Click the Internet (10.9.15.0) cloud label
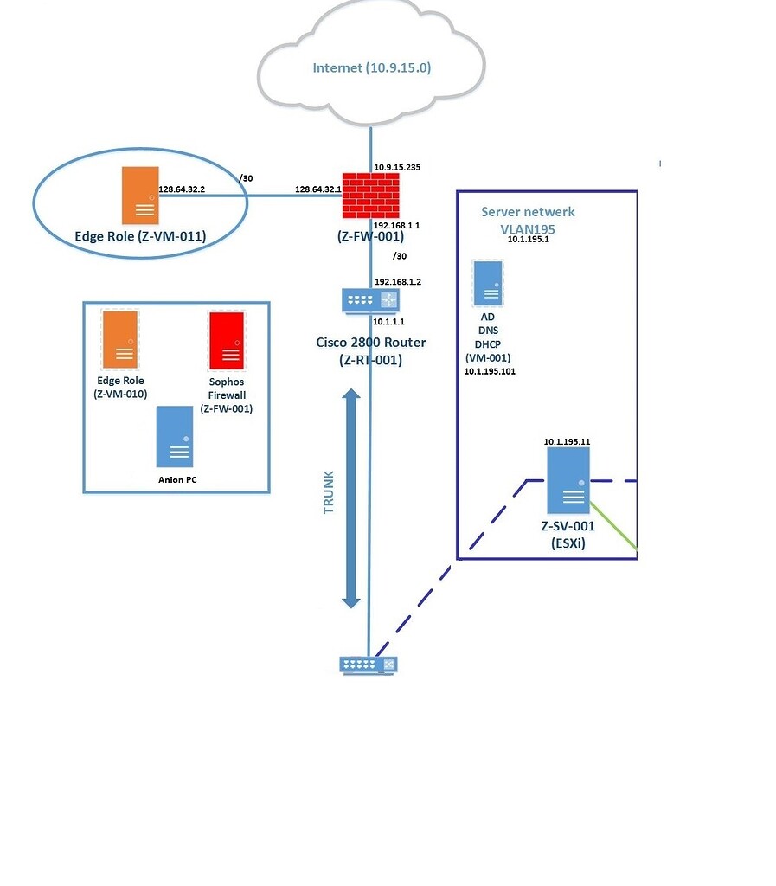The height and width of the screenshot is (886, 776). pos(371,68)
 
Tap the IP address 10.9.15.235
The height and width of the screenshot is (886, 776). pos(397,167)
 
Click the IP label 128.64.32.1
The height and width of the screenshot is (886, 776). pos(316,189)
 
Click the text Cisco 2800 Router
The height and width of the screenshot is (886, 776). pos(370,343)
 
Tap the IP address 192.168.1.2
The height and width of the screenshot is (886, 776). pos(397,282)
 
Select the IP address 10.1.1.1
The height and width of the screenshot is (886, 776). pos(389,321)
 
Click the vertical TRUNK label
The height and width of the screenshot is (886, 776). pos(329,493)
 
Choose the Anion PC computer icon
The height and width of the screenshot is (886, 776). pos(175,437)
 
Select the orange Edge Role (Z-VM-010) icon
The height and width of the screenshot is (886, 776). pos(120,338)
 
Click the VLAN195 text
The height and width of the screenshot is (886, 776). pos(527,228)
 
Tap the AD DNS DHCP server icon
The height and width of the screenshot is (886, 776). pos(488,282)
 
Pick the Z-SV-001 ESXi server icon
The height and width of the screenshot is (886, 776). pos(568,483)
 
